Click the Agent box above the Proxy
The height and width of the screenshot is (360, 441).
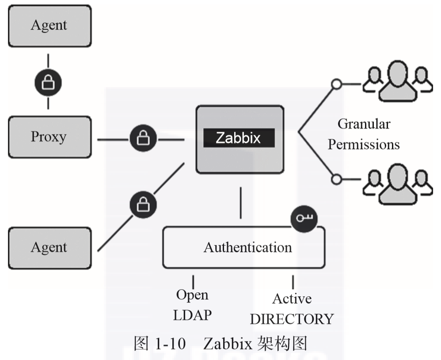pyautogui.click(x=49, y=26)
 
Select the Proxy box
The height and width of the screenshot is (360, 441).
pyautogui.click(x=49, y=137)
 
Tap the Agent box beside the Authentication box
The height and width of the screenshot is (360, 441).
pyautogui.click(x=49, y=247)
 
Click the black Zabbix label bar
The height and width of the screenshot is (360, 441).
pyautogui.click(x=239, y=138)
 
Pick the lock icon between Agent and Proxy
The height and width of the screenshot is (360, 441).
pyautogui.click(x=48, y=82)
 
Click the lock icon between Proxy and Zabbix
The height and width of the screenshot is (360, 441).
pyautogui.click(x=142, y=140)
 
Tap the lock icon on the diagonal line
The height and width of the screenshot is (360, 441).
pyautogui.click(x=142, y=204)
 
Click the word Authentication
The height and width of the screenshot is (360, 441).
pyautogui.click(x=247, y=247)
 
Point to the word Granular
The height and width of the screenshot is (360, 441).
pyautogui.click(x=364, y=124)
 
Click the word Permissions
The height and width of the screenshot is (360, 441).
pyautogui.click(x=364, y=144)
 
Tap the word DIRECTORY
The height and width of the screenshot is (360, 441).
pyautogui.click(x=292, y=319)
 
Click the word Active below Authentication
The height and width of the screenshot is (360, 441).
pyautogui.click(x=292, y=299)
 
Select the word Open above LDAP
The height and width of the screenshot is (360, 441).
pyautogui.click(x=193, y=295)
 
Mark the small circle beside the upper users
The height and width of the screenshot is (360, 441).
pyautogui.click(x=337, y=83)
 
